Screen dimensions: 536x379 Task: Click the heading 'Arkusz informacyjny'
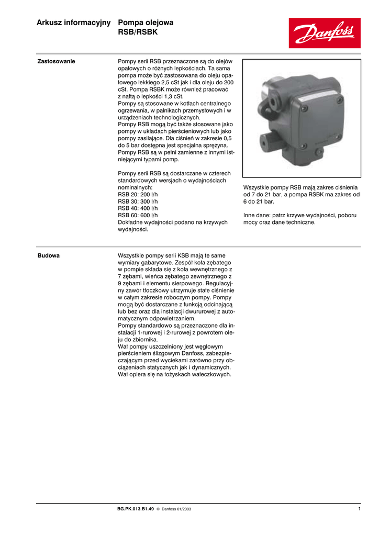(74, 23)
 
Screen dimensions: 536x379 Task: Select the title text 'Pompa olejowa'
(146, 23)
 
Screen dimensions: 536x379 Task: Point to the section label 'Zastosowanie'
(56, 62)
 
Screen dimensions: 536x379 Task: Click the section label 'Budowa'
(48, 255)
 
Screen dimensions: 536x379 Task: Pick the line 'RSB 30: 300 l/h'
(138, 202)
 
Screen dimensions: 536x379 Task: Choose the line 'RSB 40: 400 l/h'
(138, 208)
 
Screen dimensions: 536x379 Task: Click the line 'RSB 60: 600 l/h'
(138, 215)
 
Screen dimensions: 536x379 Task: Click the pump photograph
(302, 118)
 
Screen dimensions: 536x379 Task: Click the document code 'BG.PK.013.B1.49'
(136, 509)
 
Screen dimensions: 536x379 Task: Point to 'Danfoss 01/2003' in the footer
(173, 509)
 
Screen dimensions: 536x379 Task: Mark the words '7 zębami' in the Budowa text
(131, 276)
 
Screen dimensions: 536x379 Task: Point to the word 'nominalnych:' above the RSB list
(135, 187)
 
